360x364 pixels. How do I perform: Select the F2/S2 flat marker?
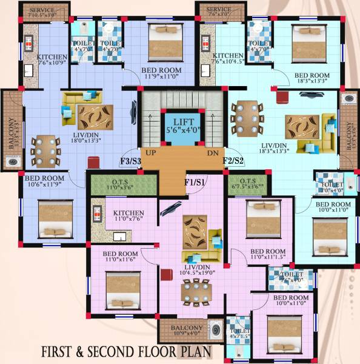(x=233, y=160)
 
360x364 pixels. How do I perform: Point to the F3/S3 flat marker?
(x=130, y=161)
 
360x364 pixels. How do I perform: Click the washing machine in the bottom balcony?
(x=215, y=331)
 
